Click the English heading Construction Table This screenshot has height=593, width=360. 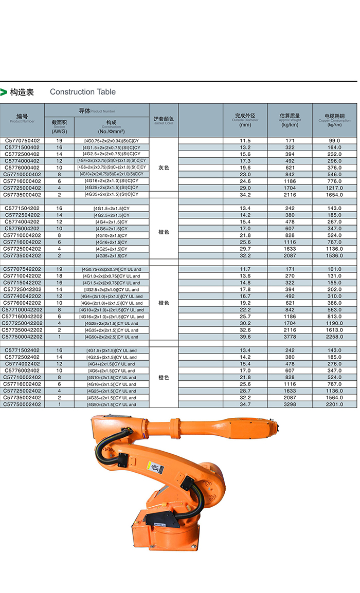coord(83,92)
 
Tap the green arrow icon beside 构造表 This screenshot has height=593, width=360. coord(4,92)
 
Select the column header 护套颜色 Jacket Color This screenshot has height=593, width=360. coord(164,120)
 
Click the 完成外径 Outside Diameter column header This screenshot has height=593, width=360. coord(245,120)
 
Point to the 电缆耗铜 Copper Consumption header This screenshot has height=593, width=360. coord(334,120)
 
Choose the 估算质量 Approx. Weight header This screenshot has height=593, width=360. coord(290,120)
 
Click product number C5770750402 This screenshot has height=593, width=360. coord(22,140)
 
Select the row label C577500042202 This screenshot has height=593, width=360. coord(22,337)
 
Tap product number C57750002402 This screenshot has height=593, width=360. coord(22,404)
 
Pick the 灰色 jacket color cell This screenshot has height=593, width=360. coord(164,168)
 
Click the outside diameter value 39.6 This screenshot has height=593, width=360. coord(245,337)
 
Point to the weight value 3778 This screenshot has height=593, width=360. coord(290,337)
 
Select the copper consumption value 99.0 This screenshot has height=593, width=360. coord(335,140)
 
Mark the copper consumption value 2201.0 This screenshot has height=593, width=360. coord(335,404)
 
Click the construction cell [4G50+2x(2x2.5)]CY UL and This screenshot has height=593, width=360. coord(111,337)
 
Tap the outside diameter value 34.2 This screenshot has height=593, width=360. coord(245,195)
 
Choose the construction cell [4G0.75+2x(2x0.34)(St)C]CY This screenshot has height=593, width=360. coord(112,140)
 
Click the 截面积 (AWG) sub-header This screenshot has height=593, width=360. coord(59,126)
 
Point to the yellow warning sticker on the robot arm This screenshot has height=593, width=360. coord(156,468)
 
